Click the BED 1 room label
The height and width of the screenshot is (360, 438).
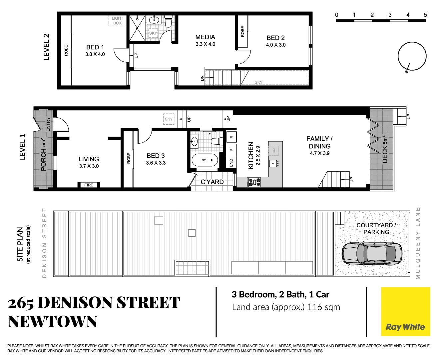95,47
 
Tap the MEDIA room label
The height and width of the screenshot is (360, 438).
205,37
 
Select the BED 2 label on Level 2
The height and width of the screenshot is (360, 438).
275,38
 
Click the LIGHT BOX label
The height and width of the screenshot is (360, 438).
117,21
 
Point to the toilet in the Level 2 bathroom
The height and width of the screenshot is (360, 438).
168,21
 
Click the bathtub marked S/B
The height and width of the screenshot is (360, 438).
205,160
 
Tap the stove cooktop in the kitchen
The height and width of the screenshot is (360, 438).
254,182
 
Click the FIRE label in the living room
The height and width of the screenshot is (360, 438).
89,185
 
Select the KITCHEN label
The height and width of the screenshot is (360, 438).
251,156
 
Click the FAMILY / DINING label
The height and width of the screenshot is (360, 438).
319,142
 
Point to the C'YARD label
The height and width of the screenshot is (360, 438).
212,182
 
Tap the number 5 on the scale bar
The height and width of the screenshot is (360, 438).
425,15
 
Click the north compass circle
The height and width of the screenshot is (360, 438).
412,56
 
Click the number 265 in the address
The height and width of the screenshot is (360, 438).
21,303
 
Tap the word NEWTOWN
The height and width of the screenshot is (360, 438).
53,322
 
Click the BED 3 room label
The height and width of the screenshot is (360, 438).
156,156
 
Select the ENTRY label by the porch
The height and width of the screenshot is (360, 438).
48,124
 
